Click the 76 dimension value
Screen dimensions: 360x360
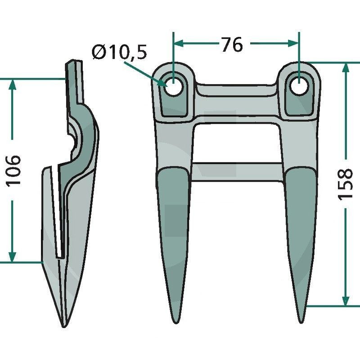[x=231, y=45]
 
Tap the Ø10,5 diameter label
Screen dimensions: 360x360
[x=119, y=53]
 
